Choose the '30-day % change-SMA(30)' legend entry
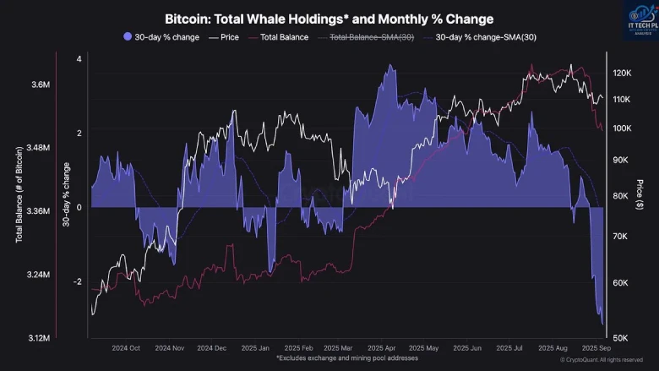(485, 36)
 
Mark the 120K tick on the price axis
(621, 74)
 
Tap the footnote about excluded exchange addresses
(330, 358)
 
